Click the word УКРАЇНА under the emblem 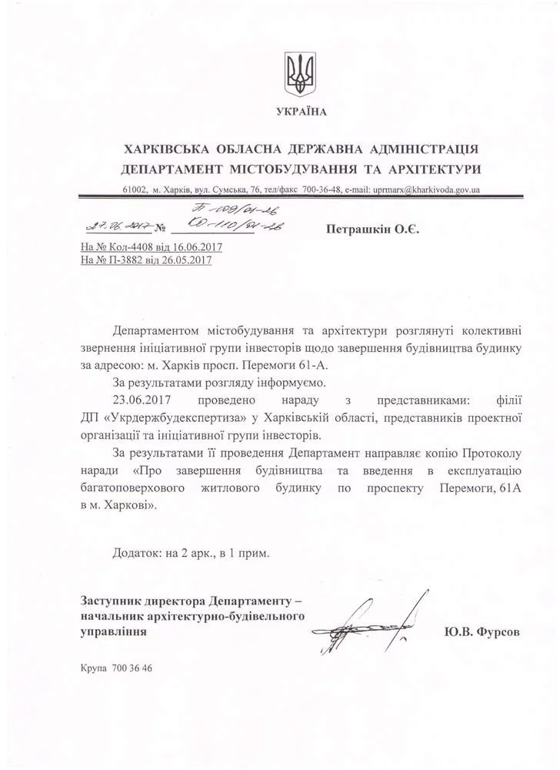point(302,112)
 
